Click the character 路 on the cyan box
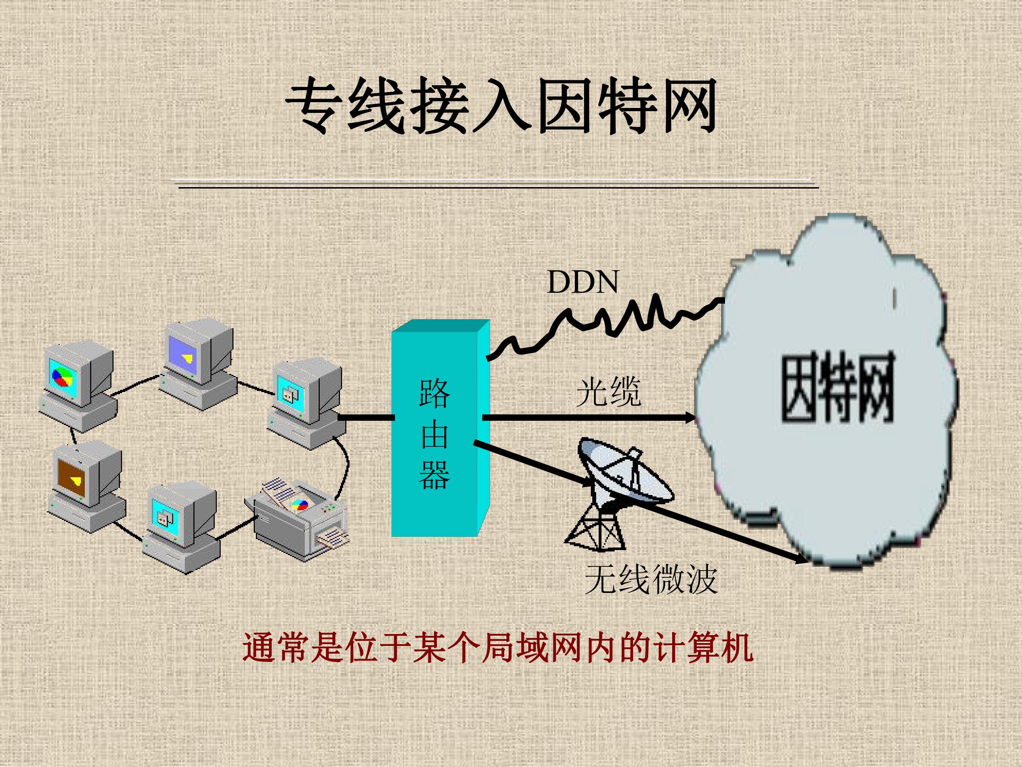[x=434, y=393]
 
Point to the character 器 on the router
[x=434, y=474]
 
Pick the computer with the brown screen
[x=86, y=485]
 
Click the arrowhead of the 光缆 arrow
[x=689, y=418]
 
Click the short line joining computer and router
[x=366, y=418]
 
